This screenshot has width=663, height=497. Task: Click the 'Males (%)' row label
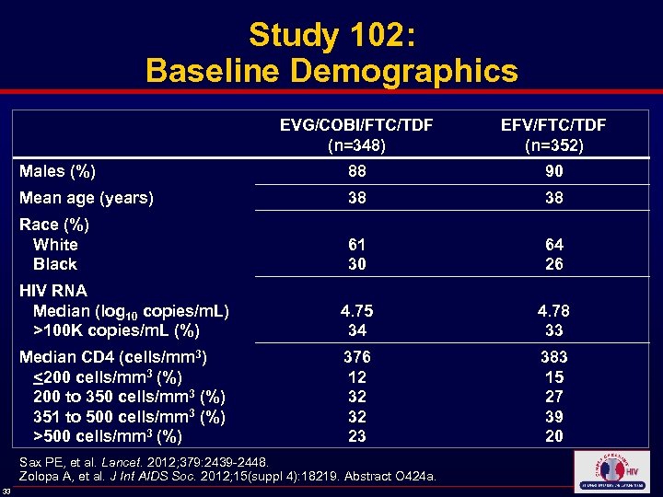pos(58,170)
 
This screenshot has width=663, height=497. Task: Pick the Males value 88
pos(356,171)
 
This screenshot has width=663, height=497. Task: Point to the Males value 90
pos(553,171)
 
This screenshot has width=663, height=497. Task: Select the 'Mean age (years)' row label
pos(87,198)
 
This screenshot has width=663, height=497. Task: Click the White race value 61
pos(356,245)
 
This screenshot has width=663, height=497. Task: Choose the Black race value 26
pos(553,264)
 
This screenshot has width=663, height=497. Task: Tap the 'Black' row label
pos(55,264)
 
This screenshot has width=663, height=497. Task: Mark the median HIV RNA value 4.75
pos(356,310)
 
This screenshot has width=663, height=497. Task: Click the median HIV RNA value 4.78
pos(553,310)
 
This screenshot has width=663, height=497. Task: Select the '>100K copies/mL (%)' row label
pos(116,330)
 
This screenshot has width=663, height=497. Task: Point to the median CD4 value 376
pos(356,357)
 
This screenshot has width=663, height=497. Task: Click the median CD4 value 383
pos(553,357)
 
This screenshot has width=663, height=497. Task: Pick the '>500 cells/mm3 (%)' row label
pos(107,436)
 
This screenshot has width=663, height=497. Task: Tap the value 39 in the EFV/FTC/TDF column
pos(553,416)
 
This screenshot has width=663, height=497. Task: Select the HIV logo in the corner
pos(610,472)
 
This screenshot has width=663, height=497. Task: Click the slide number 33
pos(7,490)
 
